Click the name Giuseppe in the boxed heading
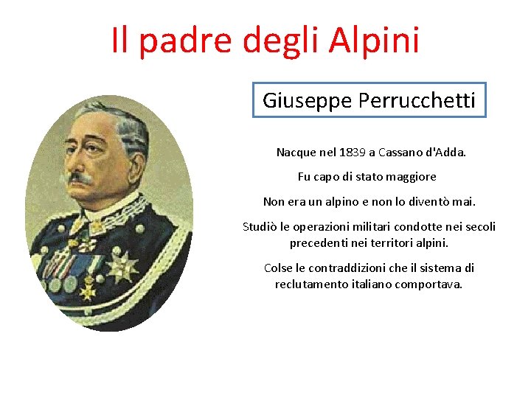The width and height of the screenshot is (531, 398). click(x=308, y=100)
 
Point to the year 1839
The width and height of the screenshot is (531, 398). click(x=353, y=153)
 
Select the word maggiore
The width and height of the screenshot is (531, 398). click(x=410, y=177)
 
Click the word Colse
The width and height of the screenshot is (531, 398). click(x=278, y=268)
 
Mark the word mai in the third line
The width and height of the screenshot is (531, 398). click(x=465, y=201)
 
